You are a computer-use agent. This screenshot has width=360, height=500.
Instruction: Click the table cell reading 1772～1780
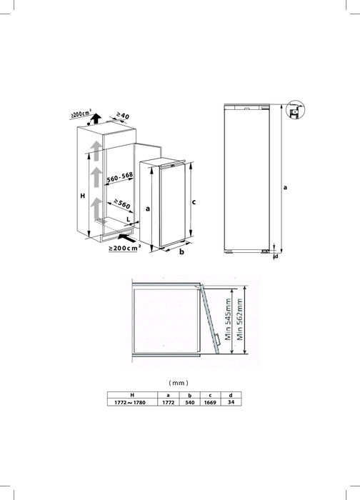pyautogui.click(x=130, y=402)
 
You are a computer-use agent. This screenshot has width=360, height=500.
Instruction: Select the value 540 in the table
pyautogui.click(x=190, y=402)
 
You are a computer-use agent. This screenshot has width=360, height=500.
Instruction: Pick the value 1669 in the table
pyautogui.click(x=210, y=402)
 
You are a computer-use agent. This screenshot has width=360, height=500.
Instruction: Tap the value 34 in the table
pyautogui.click(x=231, y=402)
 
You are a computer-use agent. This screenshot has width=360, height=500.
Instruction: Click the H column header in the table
pyautogui.click(x=132, y=395)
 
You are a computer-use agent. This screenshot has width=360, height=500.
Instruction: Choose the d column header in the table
pyautogui.click(x=231, y=395)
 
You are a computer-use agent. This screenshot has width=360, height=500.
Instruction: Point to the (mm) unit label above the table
pyautogui.click(x=179, y=383)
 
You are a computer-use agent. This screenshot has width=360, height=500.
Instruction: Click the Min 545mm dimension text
pyautogui.click(x=228, y=319)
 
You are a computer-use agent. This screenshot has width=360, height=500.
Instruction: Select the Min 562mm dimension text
pyautogui.click(x=240, y=319)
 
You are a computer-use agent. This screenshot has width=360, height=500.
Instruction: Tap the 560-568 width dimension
pyautogui.click(x=120, y=178)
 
